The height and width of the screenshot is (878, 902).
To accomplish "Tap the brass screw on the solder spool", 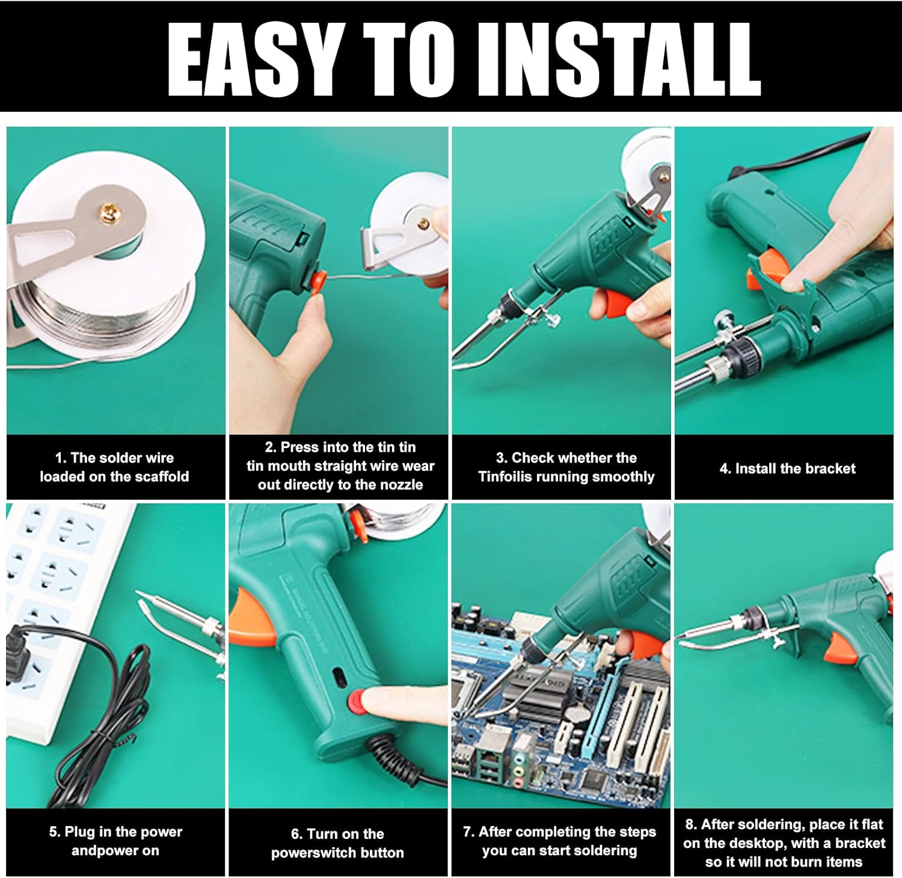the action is coord(110,210).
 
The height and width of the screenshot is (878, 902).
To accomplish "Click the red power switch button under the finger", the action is coord(358,702).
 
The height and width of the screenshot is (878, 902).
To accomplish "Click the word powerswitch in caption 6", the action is coord(310,853).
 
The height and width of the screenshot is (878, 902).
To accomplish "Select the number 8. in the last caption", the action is coord(691,824).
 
